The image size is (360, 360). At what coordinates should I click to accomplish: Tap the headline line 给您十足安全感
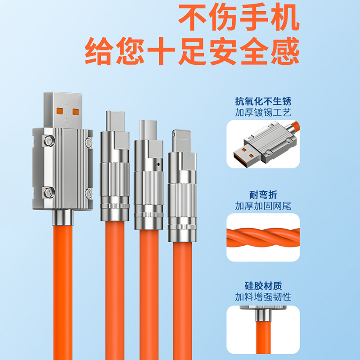pos(192,51)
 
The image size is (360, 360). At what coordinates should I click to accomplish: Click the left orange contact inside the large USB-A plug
pos(59,111)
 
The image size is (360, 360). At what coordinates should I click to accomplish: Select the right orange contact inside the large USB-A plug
pos(76,112)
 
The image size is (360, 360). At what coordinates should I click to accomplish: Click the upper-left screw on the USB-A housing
pos(49,140)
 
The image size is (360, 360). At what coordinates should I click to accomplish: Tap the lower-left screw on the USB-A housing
pos(49,193)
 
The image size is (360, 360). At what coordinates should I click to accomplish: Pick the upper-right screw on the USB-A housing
pos(89,142)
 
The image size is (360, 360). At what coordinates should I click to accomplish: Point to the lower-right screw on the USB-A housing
pos(89,193)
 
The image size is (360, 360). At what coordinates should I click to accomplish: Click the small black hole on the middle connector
pos(158,164)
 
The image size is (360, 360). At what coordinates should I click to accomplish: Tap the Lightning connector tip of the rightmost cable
pos(182,141)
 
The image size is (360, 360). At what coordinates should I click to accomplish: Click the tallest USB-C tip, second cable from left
pos(115,121)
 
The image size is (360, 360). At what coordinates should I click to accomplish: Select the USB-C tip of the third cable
pos(148,130)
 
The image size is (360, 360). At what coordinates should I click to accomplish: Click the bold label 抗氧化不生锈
pos(263,101)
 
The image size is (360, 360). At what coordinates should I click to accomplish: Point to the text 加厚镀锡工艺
pos(263,112)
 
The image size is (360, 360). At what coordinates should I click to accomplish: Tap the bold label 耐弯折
pos(263,195)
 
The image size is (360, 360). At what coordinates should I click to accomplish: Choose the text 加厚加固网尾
pos(263,206)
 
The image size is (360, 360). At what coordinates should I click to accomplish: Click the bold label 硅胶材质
pos(263,286)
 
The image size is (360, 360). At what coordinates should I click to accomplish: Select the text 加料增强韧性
pos(263,297)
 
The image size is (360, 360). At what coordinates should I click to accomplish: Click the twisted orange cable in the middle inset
pos(263,238)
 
